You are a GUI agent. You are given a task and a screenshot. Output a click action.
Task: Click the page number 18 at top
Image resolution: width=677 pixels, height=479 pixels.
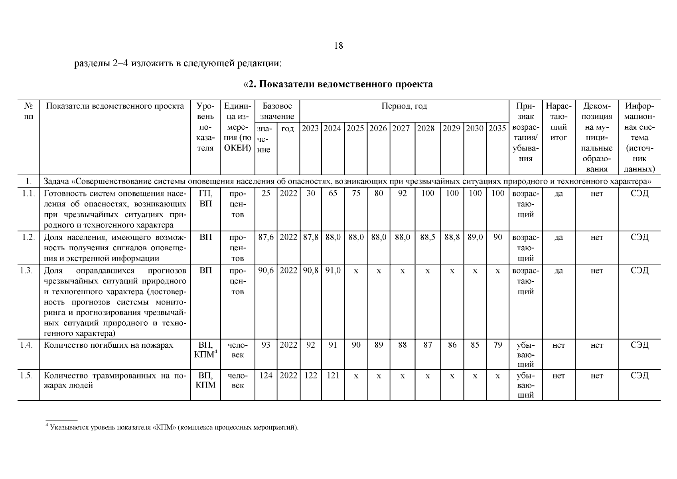(x=338, y=46)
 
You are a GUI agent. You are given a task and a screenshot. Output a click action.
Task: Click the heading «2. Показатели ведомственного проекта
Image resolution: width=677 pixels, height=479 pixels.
(x=338, y=84)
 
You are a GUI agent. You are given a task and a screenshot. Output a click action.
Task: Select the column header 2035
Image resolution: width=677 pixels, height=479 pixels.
(x=497, y=129)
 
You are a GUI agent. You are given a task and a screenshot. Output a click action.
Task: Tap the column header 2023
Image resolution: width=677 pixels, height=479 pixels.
(x=310, y=129)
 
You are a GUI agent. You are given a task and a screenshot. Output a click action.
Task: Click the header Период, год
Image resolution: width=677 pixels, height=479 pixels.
(x=404, y=106)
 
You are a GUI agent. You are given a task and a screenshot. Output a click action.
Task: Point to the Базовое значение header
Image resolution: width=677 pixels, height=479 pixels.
(x=277, y=111)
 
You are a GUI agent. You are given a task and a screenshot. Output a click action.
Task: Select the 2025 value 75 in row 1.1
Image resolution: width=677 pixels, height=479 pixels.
(x=355, y=194)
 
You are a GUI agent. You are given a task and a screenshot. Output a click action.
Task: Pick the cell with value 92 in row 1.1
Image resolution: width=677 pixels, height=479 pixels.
(x=402, y=194)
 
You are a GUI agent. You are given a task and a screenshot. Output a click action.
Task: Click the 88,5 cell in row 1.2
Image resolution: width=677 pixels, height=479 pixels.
(x=427, y=238)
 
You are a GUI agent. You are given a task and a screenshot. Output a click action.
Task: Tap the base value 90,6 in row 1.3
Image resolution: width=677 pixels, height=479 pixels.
(x=266, y=271)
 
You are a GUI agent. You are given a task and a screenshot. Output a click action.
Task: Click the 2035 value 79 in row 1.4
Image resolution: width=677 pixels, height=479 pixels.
(x=497, y=345)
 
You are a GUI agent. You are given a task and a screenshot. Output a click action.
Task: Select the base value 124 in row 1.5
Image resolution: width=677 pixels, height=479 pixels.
(x=266, y=376)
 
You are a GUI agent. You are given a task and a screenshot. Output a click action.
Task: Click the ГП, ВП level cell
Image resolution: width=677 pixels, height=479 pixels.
(x=205, y=198)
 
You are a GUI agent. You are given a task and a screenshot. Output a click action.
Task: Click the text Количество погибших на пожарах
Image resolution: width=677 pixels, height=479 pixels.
(x=109, y=345)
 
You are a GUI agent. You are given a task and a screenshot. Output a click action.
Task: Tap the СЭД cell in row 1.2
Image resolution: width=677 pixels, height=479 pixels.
(x=639, y=238)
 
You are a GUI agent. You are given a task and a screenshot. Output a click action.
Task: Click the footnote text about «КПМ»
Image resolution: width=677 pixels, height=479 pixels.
(x=172, y=428)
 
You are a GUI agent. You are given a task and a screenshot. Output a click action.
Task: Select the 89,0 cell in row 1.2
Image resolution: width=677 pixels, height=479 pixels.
(x=475, y=238)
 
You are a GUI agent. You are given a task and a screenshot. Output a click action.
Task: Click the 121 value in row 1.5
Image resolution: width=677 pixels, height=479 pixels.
(x=333, y=376)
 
